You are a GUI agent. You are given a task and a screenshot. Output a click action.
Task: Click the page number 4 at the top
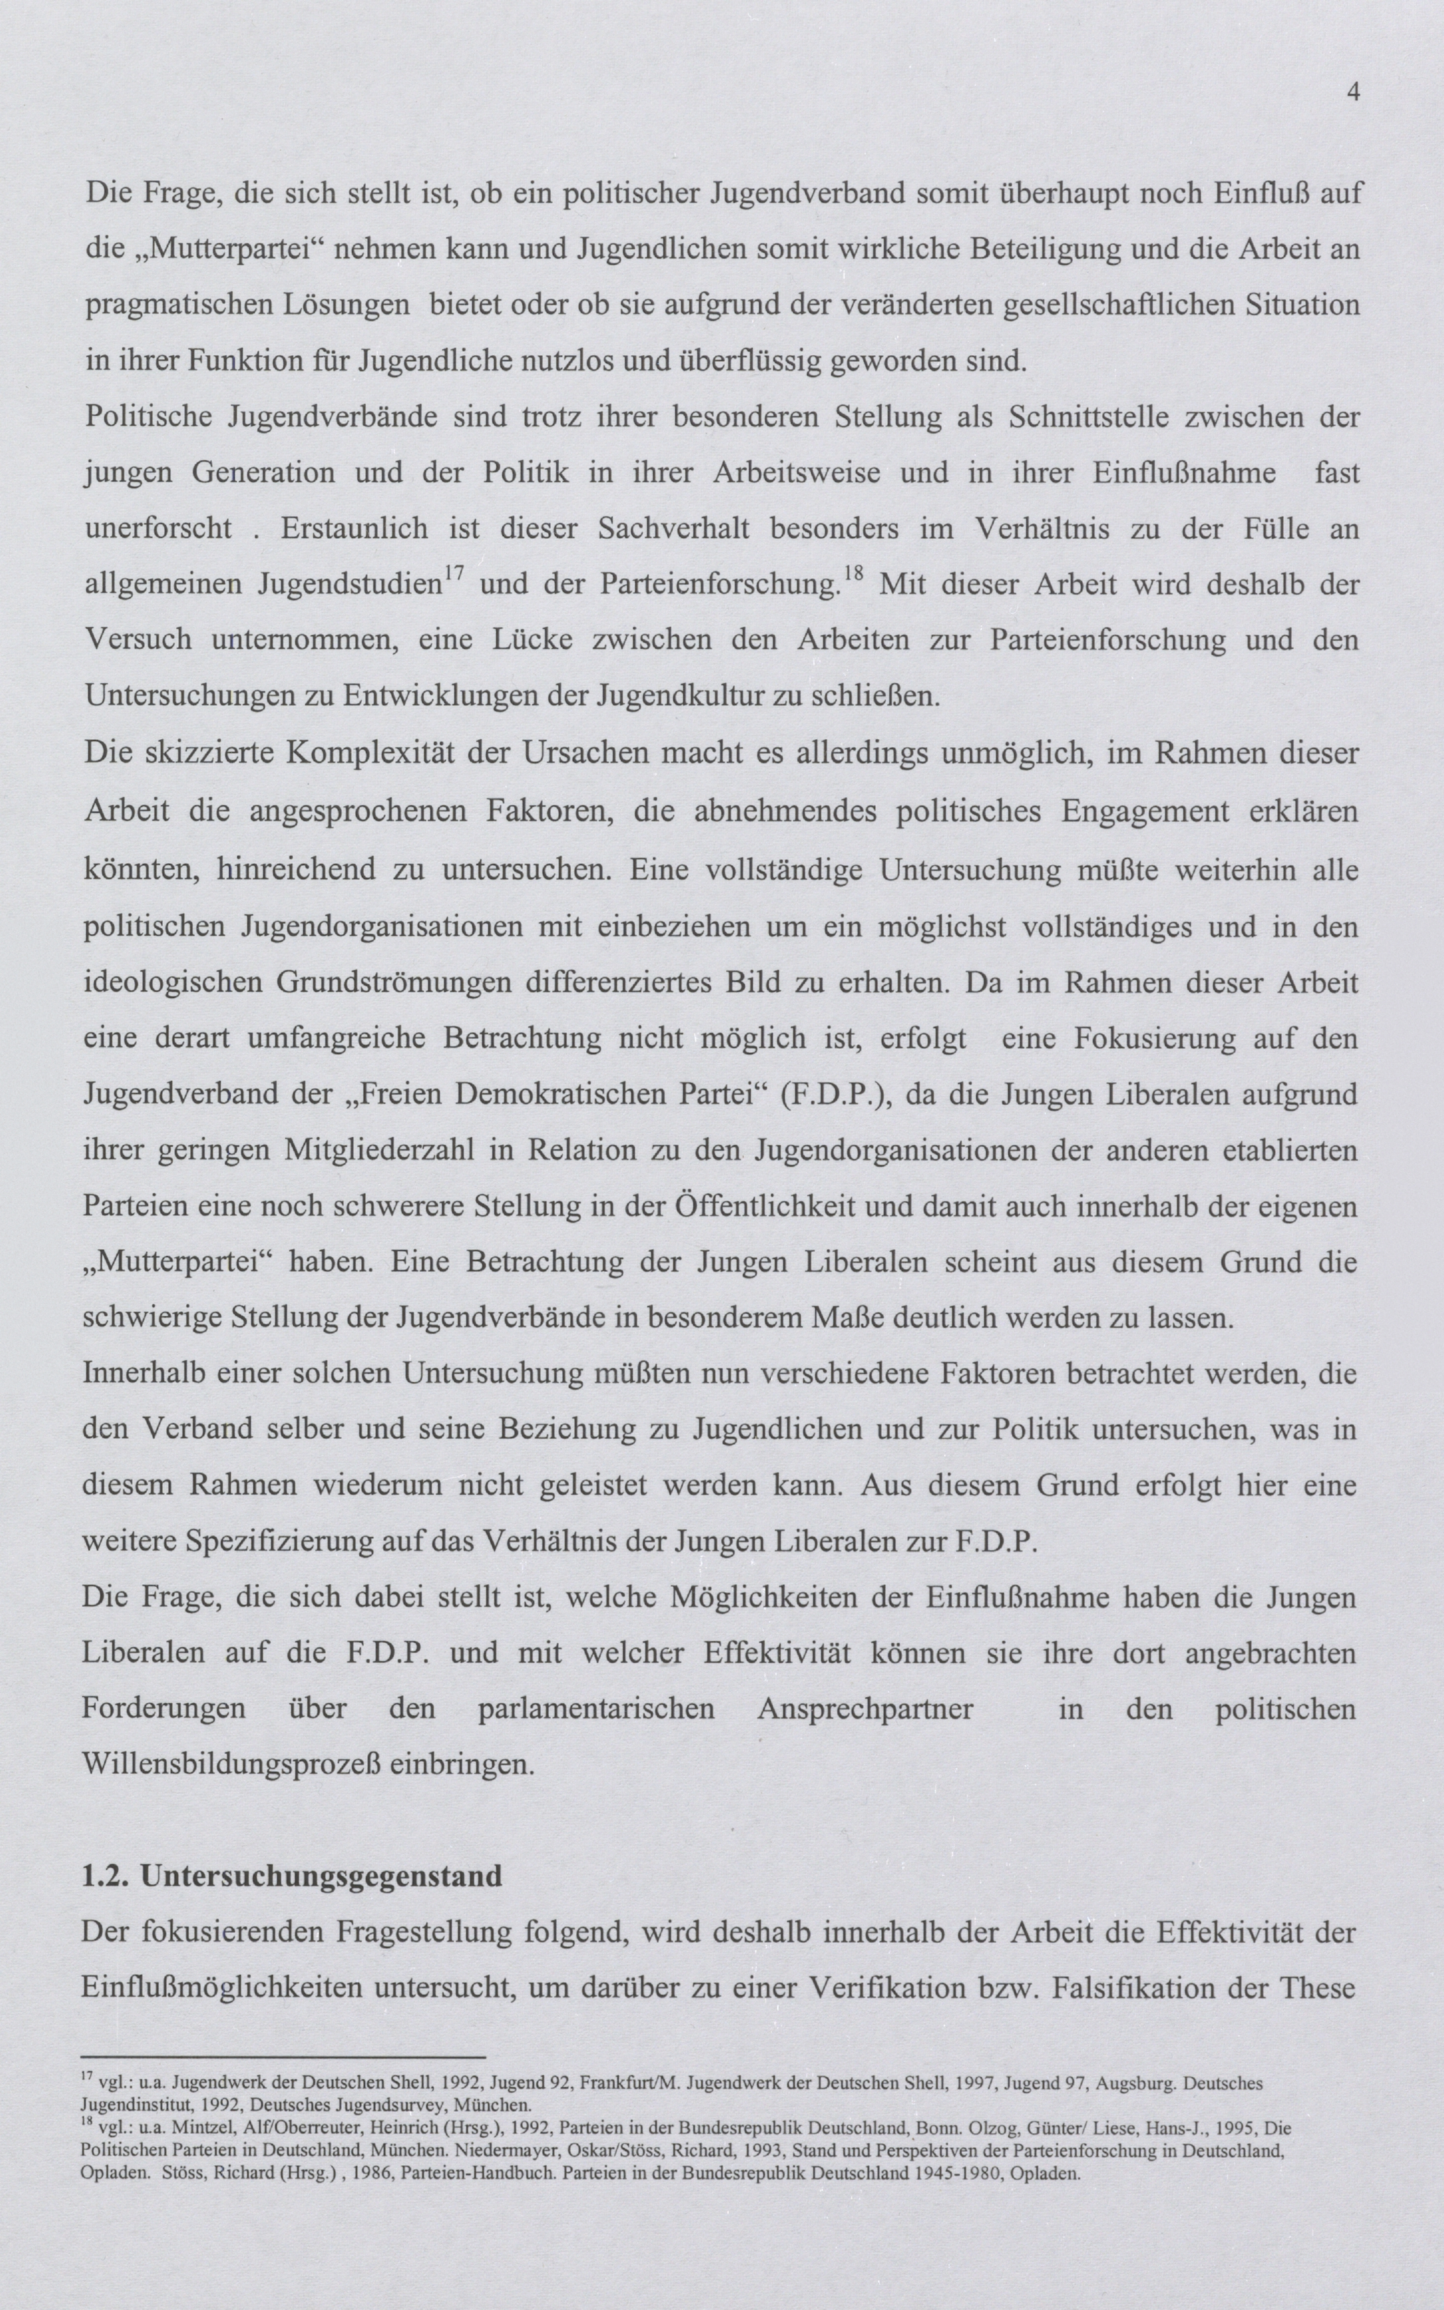pyautogui.click(x=1352, y=92)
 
